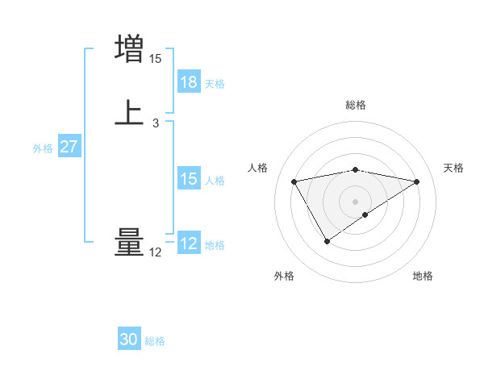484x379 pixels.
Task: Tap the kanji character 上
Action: (129, 113)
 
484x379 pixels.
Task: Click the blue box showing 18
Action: (189, 82)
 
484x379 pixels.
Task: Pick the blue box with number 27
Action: (69, 148)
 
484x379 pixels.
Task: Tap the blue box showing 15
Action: (189, 180)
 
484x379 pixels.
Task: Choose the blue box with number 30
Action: (129, 339)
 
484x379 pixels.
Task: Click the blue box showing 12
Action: (189, 244)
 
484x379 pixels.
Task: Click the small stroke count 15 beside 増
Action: (156, 59)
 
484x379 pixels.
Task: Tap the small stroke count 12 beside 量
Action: (156, 253)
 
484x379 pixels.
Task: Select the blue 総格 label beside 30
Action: (155, 341)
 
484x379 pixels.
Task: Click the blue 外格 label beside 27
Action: (43, 148)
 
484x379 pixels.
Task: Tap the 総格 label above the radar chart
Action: (356, 105)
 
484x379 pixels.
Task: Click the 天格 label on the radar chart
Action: (453, 168)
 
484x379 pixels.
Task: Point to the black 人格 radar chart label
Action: (257, 168)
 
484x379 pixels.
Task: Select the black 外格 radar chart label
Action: (284, 277)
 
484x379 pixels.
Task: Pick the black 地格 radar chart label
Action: (423, 277)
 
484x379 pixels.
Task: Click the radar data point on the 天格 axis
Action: (417, 181)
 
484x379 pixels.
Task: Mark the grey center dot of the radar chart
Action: (356, 201)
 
